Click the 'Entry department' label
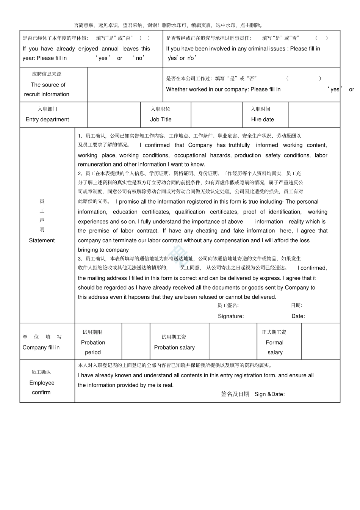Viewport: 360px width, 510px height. pyautogui.click(x=47, y=119)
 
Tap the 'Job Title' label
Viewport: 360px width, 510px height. pyautogui.click(x=161, y=119)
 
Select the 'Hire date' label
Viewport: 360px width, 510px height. pyautogui.click(x=262, y=119)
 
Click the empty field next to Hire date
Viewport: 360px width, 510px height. pyautogui.click(x=314, y=115)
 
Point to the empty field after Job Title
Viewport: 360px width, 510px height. pyautogui.click(x=216, y=115)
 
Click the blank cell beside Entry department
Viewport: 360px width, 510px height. pyautogui.click(x=114, y=115)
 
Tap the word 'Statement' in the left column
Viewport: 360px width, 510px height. pyautogui.click(x=42, y=240)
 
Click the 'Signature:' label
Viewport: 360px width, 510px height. pyautogui.click(x=230, y=316)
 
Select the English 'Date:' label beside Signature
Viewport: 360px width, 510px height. pyautogui.click(x=298, y=316)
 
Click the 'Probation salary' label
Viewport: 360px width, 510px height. pyautogui.click(x=174, y=347)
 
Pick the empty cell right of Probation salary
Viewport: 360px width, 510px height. pyautogui.click(x=233, y=341)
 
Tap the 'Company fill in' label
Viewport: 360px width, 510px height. pyautogui.click(x=41, y=347)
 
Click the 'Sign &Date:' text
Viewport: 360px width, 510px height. pyautogui.click(x=269, y=394)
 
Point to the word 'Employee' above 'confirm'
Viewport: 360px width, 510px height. pyautogui.click(x=42, y=383)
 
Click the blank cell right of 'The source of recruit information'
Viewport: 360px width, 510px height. pyautogui.click(x=125, y=85)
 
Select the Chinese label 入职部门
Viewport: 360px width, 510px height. pyautogui.click(x=47, y=109)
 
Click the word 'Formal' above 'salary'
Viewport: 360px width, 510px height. pyautogui.click(x=274, y=342)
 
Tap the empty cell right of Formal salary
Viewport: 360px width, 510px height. pyautogui.click(x=321, y=341)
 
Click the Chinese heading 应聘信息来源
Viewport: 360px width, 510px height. pyautogui.click(x=47, y=74)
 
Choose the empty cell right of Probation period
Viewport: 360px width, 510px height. pyautogui.click(x=136, y=341)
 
